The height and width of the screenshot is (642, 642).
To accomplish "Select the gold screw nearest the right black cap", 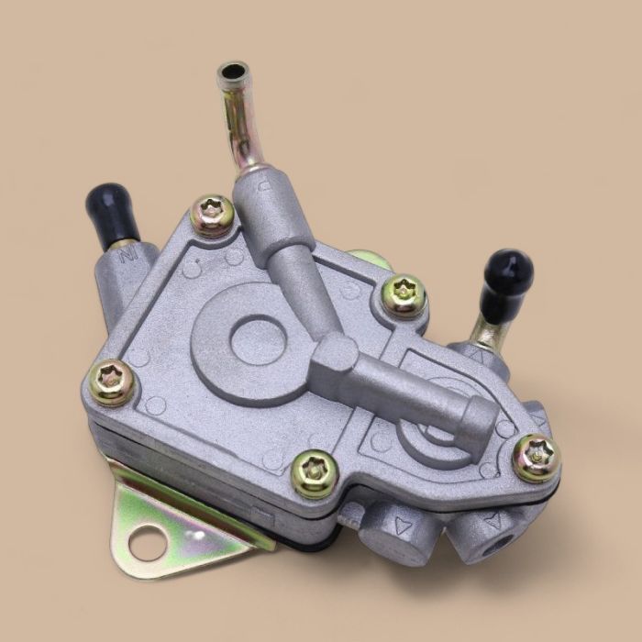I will click(x=404, y=295).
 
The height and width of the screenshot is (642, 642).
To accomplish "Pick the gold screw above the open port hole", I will click(x=536, y=459).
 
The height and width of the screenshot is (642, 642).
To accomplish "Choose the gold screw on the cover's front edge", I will click(x=315, y=473).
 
